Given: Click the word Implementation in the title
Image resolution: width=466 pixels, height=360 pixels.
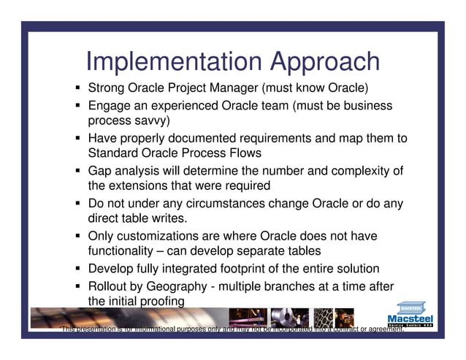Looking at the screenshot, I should (x=174, y=61).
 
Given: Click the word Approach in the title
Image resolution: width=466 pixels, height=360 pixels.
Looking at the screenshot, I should (x=324, y=63).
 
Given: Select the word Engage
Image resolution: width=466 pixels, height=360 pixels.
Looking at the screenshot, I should (x=110, y=106).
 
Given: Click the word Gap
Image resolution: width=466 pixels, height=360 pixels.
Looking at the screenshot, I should (x=101, y=170).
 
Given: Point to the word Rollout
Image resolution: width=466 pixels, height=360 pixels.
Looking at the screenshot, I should (x=110, y=285).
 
